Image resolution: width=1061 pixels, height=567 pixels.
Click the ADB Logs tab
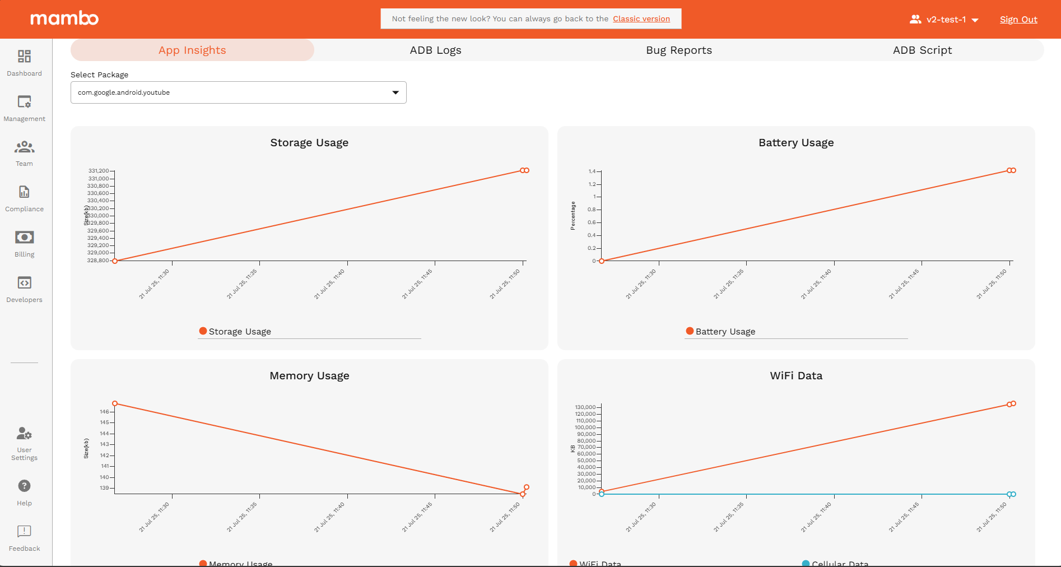tap(435, 50)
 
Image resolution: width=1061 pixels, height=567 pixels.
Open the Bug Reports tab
tap(678, 50)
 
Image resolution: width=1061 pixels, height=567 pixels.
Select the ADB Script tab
tap(922, 50)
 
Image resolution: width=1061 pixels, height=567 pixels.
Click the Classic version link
tap(641, 19)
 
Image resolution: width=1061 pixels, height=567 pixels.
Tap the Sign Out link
tap(1018, 20)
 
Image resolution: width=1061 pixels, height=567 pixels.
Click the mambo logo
tap(64, 18)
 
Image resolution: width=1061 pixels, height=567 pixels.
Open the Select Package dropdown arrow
tap(395, 92)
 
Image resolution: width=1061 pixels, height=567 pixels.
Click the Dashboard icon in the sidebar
tap(24, 57)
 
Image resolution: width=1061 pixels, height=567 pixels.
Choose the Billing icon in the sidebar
tap(24, 238)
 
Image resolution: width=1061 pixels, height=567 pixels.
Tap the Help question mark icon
tap(24, 486)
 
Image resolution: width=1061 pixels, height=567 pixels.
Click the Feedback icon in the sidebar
tap(24, 531)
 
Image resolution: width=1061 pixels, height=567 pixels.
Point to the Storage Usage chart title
tap(309, 143)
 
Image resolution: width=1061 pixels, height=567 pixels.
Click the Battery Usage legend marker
tap(690, 331)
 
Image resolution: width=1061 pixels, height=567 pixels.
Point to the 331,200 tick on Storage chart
tap(99, 171)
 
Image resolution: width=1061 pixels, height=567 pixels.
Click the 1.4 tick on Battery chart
tap(592, 171)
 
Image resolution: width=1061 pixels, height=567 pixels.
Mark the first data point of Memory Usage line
tap(115, 403)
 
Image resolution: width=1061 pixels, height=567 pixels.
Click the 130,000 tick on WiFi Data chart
tap(585, 407)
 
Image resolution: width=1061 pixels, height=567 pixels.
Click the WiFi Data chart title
tap(795, 376)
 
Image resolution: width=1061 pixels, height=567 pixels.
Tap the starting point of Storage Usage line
tap(115, 261)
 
